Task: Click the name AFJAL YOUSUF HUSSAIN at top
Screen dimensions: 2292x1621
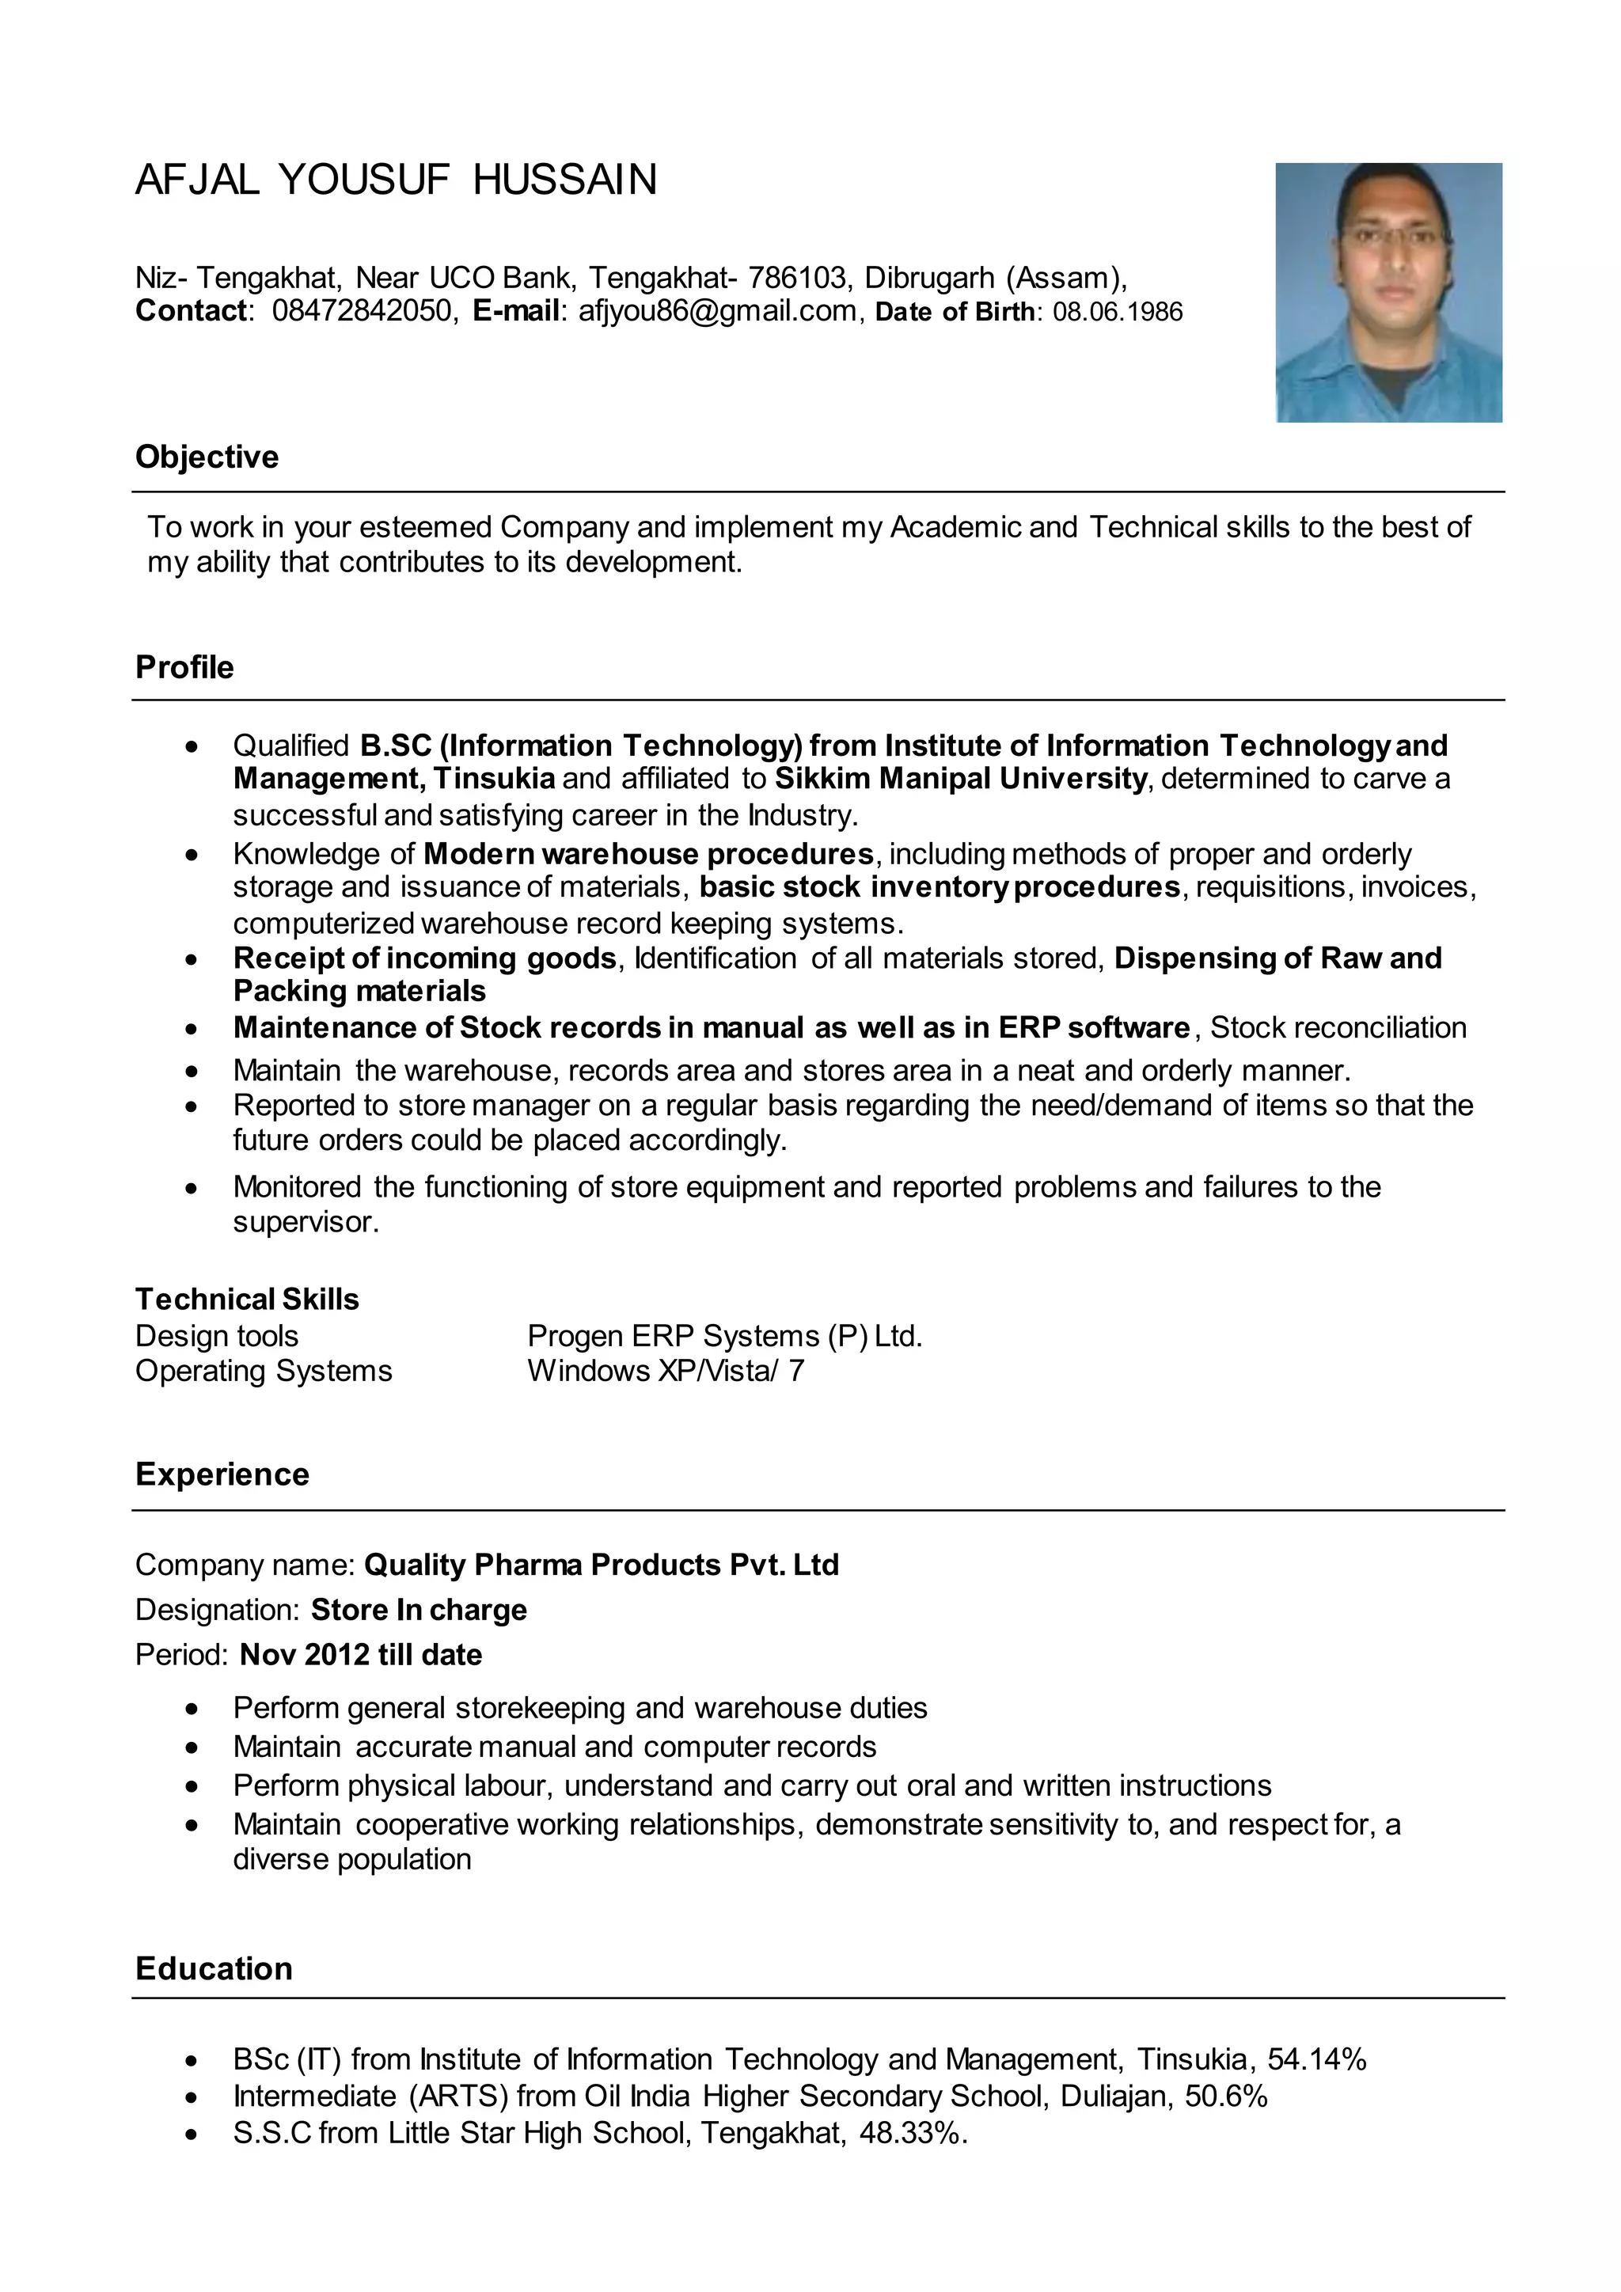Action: [x=397, y=180]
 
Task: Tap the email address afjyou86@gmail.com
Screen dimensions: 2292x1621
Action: [x=716, y=312]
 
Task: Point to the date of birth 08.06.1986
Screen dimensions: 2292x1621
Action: [x=1117, y=313]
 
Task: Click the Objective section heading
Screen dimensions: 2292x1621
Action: [x=207, y=457]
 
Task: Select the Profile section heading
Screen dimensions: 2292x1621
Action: [x=184, y=667]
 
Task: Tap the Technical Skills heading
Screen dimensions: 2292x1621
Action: [x=246, y=1299]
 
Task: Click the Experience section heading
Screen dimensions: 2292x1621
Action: [x=222, y=1474]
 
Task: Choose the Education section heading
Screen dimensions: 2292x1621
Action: [x=214, y=1968]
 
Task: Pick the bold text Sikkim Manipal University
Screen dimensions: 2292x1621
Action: [x=961, y=779]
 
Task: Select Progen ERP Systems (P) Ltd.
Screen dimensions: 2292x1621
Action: [x=725, y=1336]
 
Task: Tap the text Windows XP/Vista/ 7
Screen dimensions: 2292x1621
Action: [x=665, y=1371]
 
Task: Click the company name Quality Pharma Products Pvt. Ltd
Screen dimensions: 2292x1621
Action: [x=601, y=1564]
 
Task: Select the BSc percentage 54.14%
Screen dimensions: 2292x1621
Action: [x=1315, y=2059]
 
